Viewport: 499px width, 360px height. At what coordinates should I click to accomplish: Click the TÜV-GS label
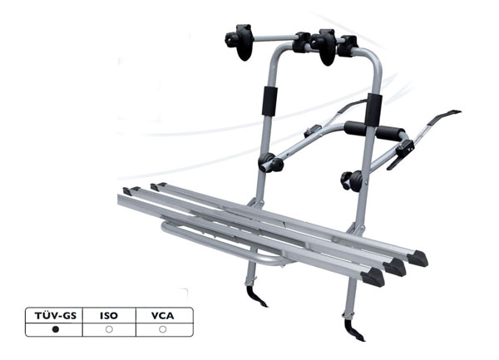(x=56, y=316)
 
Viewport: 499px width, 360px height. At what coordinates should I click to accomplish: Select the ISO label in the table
(x=109, y=316)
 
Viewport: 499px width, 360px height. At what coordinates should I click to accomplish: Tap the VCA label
(x=163, y=316)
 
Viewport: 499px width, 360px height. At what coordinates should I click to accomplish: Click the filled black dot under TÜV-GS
(x=56, y=329)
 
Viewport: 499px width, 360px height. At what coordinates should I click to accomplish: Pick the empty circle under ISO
(x=109, y=329)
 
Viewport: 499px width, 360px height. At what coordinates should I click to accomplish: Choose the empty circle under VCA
(x=163, y=329)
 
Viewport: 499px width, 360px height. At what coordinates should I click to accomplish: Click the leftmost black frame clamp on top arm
(x=240, y=42)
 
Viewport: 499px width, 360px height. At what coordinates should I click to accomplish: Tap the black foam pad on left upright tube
(x=269, y=101)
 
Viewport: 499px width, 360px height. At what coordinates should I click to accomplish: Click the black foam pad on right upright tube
(x=373, y=110)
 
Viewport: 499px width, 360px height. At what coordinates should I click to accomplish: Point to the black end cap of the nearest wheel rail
(x=373, y=277)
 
